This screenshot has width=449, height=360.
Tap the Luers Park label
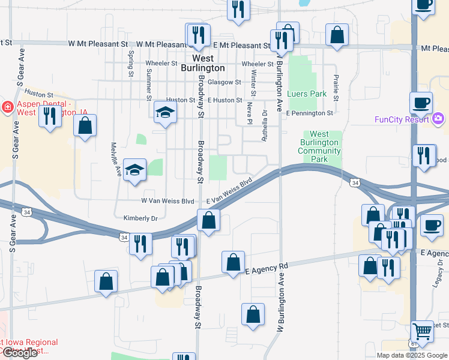[307, 94]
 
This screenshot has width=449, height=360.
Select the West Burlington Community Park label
[321, 147]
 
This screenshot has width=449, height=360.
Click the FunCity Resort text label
[401, 119]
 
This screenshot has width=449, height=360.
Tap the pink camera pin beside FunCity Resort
[438, 119]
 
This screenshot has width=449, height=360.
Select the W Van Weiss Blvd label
[167, 201]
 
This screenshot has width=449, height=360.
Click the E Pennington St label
[309, 113]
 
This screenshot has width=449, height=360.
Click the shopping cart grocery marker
[423, 330]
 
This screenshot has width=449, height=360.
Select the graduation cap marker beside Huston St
[164, 112]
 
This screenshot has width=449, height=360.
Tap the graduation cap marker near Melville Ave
[134, 169]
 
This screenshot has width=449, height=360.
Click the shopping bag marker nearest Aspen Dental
[85, 126]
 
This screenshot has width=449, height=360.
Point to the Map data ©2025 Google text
[411, 355]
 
